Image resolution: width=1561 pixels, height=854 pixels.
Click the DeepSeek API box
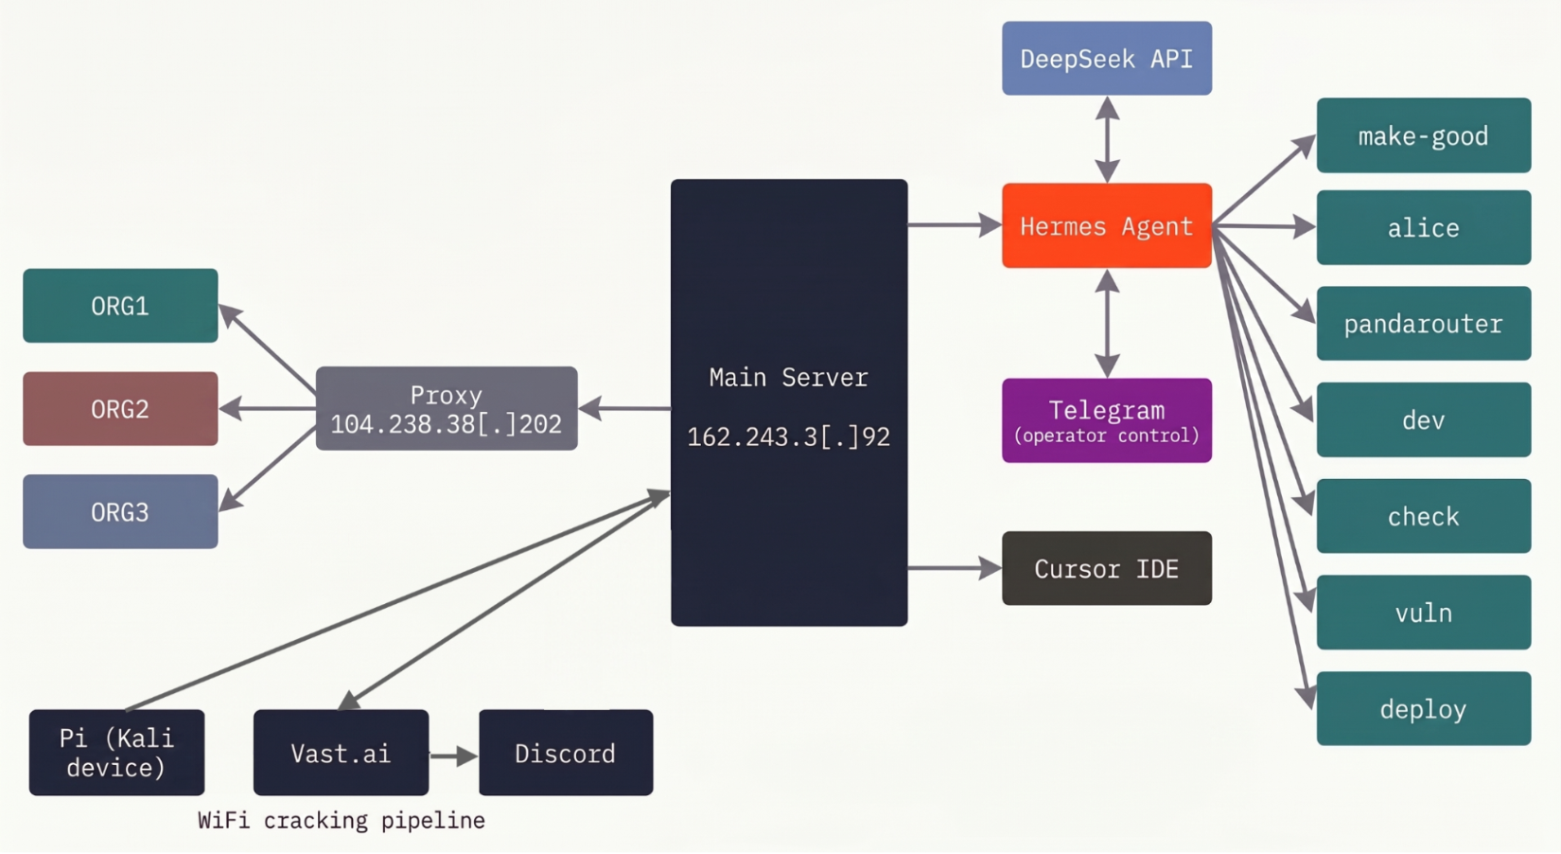[1107, 59]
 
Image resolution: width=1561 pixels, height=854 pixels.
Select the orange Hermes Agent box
[1107, 226]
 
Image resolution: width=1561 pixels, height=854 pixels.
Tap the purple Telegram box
[1107, 420]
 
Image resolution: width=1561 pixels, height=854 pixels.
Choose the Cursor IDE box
[1107, 568]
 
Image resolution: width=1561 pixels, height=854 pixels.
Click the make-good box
[1424, 135]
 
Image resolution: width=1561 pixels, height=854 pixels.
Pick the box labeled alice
[1424, 227]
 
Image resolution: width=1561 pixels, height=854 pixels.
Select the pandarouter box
[1424, 324]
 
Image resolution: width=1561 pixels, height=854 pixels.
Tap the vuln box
[1424, 613]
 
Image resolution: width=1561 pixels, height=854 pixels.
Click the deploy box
[1424, 709]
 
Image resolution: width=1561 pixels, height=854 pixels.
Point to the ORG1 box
[120, 306]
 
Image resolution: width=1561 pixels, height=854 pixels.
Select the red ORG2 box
[120, 408]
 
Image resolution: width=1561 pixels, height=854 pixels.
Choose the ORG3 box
[120, 511]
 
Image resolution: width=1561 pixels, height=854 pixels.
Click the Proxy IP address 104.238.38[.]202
[446, 424]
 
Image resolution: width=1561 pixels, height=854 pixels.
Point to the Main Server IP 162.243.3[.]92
[789, 437]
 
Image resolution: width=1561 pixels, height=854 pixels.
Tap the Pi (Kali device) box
[117, 753]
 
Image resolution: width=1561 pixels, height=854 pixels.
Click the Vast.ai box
[341, 753]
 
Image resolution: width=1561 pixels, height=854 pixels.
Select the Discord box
[566, 753]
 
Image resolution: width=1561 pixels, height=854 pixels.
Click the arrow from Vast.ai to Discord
[454, 756]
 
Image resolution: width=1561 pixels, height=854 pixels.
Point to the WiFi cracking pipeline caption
[342, 821]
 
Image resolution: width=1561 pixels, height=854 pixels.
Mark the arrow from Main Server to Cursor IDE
[955, 568]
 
